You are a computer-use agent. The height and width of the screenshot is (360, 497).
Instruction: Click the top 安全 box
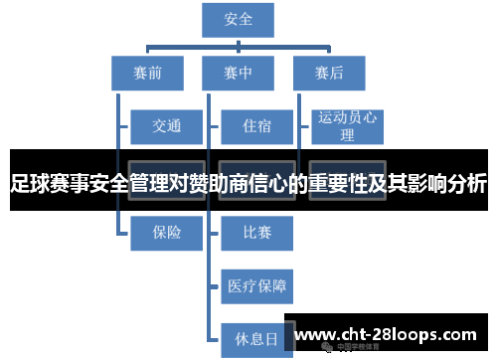tap(238, 20)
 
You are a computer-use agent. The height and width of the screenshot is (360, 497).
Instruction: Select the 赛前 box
tap(146, 73)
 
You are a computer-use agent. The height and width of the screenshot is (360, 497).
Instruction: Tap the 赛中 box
tap(238, 73)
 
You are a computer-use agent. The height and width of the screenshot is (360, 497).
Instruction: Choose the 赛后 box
tap(328, 73)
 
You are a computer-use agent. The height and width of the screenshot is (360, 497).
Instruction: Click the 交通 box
tap(165, 126)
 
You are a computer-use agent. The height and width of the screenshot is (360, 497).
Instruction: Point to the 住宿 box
tap(256, 126)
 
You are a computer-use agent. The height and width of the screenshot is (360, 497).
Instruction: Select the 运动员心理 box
tap(347, 126)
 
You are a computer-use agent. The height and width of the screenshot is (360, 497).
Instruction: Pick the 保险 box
tap(165, 232)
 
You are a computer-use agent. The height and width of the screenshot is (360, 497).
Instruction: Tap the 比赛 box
tap(256, 232)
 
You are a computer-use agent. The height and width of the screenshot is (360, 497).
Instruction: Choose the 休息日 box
tap(256, 338)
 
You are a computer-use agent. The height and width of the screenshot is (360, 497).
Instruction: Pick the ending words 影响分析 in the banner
tap(446, 184)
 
